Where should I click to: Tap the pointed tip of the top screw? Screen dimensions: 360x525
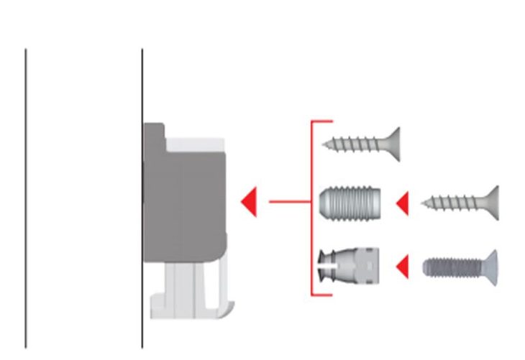pyautogui.click(x=326, y=144)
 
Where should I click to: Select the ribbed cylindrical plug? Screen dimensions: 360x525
pyautogui.click(x=350, y=203)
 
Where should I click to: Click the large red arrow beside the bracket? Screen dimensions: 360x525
pyautogui.click(x=249, y=202)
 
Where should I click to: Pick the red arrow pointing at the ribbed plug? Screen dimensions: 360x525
pyautogui.click(x=402, y=203)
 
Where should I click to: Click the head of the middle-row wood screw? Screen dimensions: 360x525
pyautogui.click(x=492, y=203)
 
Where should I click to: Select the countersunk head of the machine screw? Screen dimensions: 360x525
pyautogui.click(x=492, y=267)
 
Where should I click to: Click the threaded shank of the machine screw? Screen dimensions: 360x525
pyautogui.click(x=449, y=267)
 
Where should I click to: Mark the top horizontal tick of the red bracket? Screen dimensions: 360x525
pyautogui.click(x=322, y=122)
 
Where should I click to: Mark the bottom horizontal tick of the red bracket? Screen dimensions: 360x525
pyautogui.click(x=322, y=295)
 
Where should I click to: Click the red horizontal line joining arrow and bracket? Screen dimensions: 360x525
pyautogui.click(x=289, y=202)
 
